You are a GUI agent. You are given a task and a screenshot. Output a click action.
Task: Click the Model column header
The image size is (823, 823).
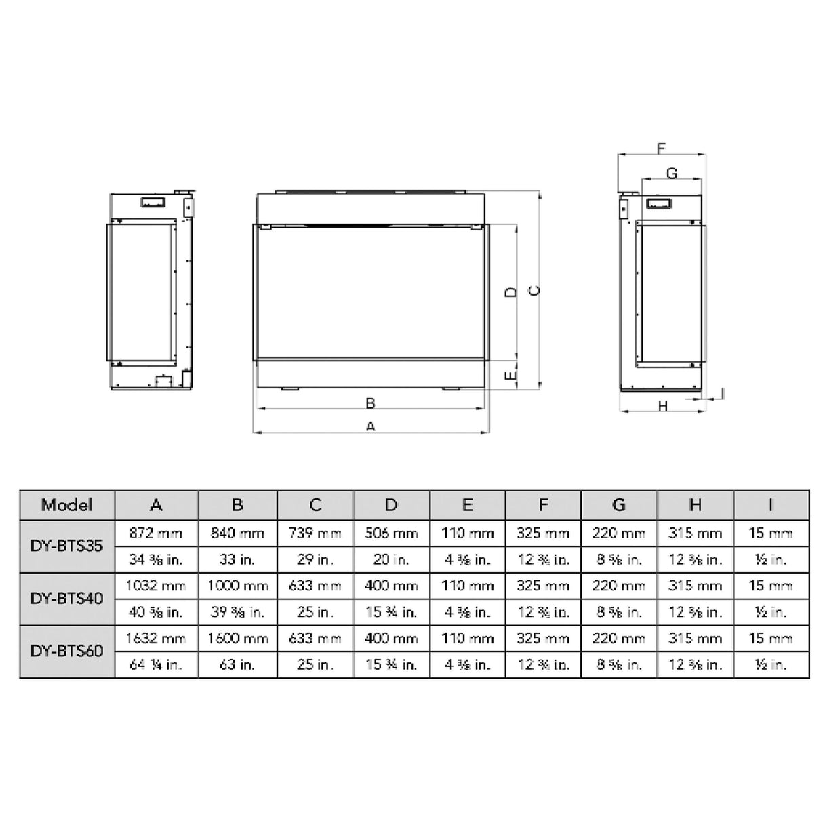pyautogui.click(x=67, y=505)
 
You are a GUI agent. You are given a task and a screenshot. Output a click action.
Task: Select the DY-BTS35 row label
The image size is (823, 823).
pyautogui.click(x=67, y=546)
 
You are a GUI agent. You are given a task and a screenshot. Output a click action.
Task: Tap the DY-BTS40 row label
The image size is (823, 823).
pyautogui.click(x=67, y=599)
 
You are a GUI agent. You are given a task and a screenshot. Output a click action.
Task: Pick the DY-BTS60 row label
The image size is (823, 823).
pyautogui.click(x=67, y=651)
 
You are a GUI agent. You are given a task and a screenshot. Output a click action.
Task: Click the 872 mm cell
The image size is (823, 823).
pyautogui.click(x=156, y=533)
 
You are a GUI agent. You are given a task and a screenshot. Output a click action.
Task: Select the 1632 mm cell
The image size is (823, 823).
pyautogui.click(x=156, y=638)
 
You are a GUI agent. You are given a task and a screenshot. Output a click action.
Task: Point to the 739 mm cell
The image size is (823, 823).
pyautogui.click(x=315, y=533)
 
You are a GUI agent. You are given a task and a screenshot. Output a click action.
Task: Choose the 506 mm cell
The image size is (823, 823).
pyautogui.click(x=391, y=533)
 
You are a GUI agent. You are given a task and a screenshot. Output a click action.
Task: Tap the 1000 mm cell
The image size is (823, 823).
pyautogui.click(x=238, y=586)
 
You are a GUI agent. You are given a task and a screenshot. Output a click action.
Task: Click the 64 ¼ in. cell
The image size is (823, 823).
pyautogui.click(x=156, y=664)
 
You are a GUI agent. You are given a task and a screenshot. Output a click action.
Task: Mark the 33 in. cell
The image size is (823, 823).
pyautogui.click(x=238, y=559)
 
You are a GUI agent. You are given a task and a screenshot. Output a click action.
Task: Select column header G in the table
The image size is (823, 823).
pyautogui.click(x=618, y=505)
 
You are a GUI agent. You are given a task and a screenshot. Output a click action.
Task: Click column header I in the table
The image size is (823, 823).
pyautogui.click(x=771, y=505)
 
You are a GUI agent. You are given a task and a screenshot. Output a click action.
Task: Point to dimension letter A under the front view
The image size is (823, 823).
pyautogui.click(x=370, y=426)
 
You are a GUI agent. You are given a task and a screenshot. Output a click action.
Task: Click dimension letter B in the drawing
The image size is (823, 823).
pyautogui.click(x=370, y=403)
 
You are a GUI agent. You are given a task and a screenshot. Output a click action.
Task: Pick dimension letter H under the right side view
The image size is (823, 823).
pyautogui.click(x=663, y=406)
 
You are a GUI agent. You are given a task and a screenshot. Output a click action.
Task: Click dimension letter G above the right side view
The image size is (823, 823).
pyautogui.click(x=671, y=174)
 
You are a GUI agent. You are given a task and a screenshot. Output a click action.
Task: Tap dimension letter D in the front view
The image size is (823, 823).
pyautogui.click(x=512, y=292)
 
